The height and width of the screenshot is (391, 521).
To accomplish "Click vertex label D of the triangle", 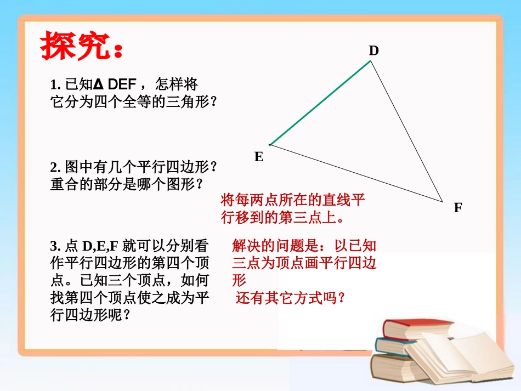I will click(373, 51).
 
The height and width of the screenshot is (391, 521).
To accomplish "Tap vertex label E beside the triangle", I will click(259, 157).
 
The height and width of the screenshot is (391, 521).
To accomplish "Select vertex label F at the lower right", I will click(458, 208).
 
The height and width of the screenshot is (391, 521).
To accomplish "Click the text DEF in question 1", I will click(126, 85).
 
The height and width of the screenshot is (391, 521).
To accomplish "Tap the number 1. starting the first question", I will click(54, 86).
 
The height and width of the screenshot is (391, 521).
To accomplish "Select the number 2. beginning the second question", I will click(54, 167).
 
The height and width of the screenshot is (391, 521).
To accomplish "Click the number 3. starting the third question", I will click(54, 246).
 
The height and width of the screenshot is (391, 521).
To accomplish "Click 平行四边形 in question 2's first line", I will click(174, 167).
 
